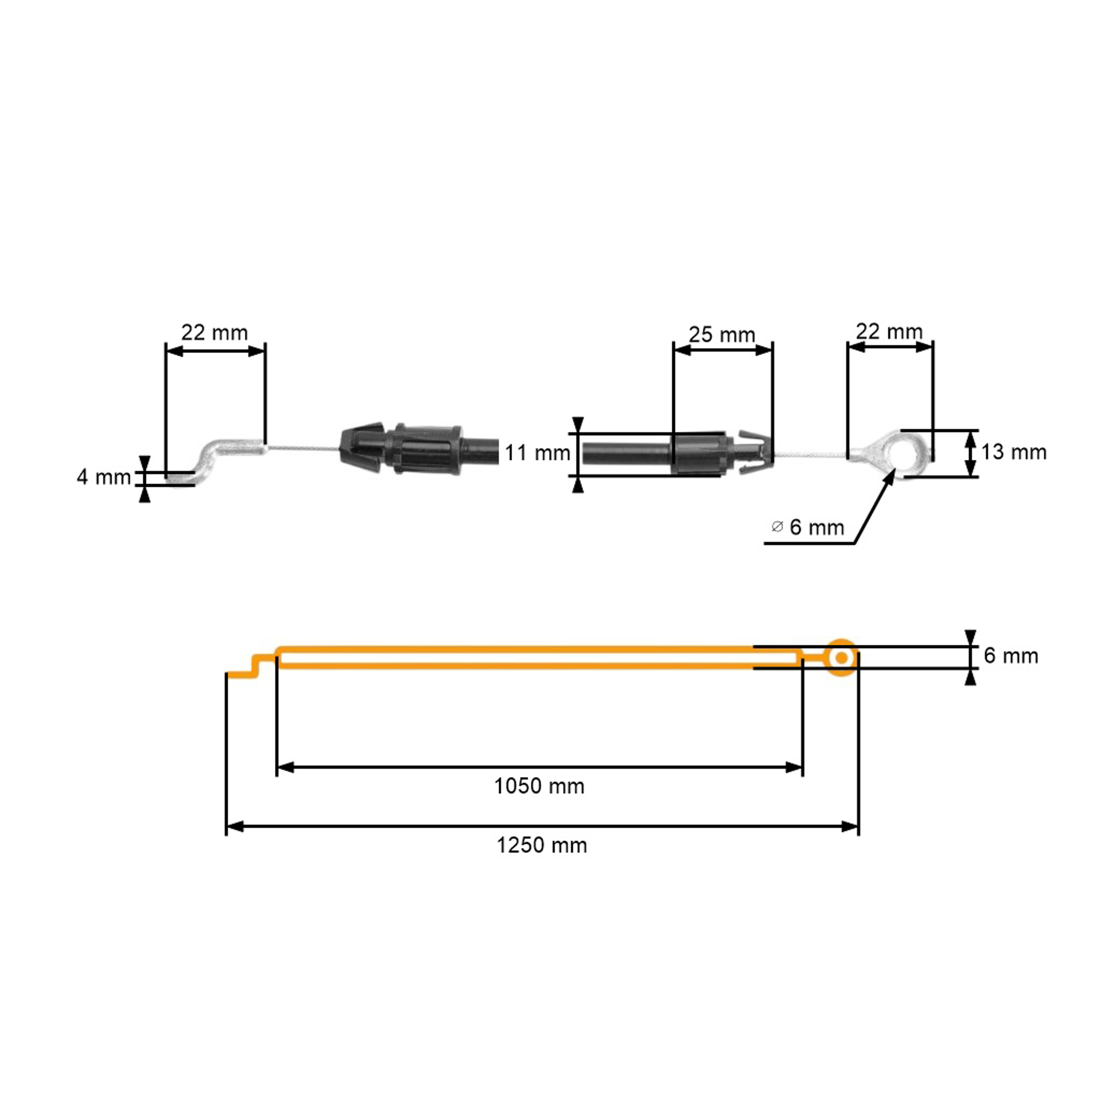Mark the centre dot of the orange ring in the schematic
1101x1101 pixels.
[x=842, y=658]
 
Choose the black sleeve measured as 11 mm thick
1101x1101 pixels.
[x=626, y=454]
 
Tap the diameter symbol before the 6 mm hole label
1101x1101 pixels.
[x=777, y=527]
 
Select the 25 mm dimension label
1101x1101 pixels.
[x=722, y=334]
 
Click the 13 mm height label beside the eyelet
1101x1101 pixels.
[x=1014, y=452]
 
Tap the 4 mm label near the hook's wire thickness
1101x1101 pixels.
[x=104, y=477]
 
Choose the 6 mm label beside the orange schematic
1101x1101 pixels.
[x=1011, y=656]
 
